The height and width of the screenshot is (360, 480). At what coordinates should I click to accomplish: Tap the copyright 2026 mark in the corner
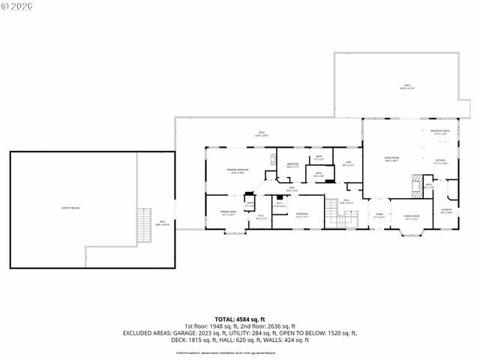[17, 6]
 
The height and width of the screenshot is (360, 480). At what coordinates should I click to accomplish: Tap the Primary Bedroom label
[238, 170]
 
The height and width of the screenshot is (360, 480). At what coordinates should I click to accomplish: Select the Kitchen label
[440, 160]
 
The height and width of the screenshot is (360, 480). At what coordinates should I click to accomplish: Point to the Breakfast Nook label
[440, 132]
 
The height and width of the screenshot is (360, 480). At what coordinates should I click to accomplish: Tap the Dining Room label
[411, 216]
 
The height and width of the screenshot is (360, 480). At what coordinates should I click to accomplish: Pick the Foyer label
[379, 214]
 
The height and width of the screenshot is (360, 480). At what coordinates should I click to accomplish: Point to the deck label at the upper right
[407, 88]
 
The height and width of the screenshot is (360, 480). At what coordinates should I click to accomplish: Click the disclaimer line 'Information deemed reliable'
[239, 350]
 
